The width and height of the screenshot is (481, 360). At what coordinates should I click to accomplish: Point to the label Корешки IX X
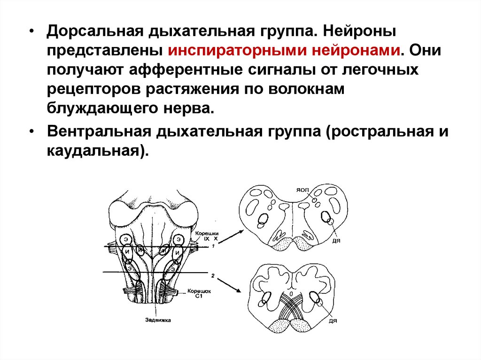pyautogui.click(x=206, y=236)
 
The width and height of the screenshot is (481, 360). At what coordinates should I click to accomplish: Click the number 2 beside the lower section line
pyautogui.click(x=213, y=276)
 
